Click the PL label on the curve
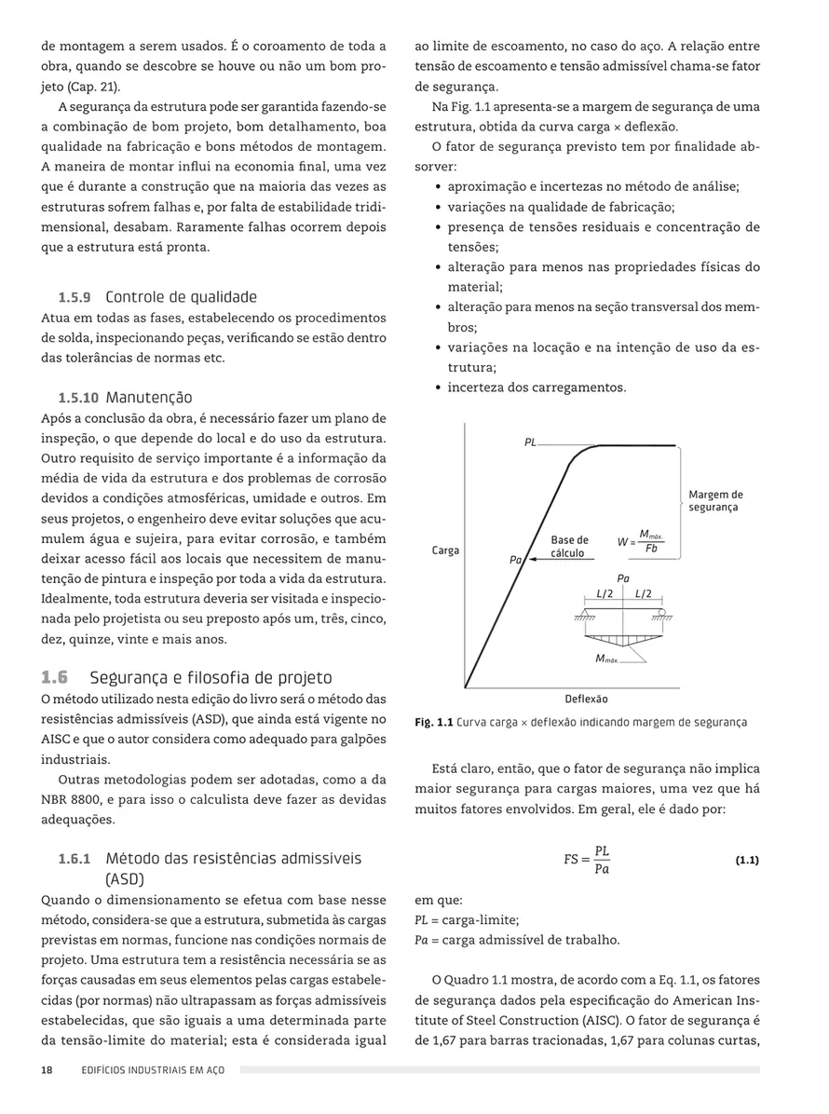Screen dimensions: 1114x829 529,443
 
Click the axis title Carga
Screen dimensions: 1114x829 445,550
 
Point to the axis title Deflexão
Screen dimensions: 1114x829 586,699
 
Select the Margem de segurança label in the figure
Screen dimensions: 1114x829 715,500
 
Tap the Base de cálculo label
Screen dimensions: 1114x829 568,547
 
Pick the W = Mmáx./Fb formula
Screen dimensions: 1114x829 640,542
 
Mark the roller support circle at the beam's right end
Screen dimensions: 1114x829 663,611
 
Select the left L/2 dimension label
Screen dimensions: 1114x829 604,593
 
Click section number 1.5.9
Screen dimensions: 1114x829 75,298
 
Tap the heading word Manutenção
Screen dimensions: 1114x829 149,398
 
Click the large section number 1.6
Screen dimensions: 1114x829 55,678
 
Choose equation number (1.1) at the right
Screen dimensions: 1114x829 746,861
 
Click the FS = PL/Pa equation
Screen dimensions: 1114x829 587,861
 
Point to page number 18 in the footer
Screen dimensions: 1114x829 47,1070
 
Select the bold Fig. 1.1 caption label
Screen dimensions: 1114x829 433,722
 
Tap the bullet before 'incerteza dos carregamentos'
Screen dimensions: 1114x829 438,387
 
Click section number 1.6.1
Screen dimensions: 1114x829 75,858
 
